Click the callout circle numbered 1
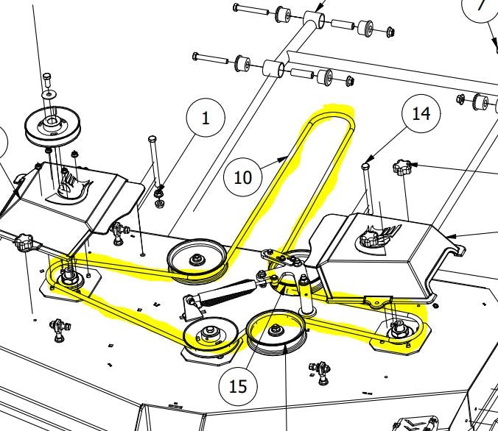pyautogui.click(x=206, y=118)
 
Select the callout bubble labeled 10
pyautogui.click(x=243, y=177)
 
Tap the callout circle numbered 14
pyautogui.click(x=421, y=114)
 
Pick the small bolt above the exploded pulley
pyautogui.click(x=48, y=77)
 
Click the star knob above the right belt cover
pyautogui.click(x=401, y=168)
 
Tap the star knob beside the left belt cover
pyautogui.click(x=25, y=242)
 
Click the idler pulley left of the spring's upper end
pyautogui.click(x=197, y=258)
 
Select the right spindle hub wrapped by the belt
pyautogui.click(x=399, y=330)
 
